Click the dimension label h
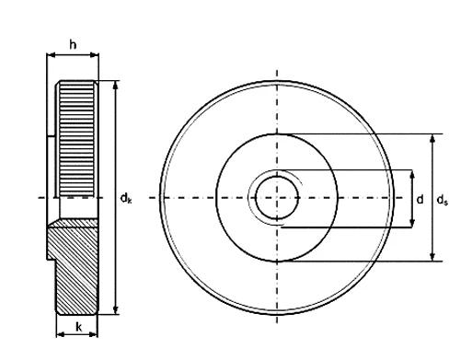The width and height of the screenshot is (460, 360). [x=73, y=45]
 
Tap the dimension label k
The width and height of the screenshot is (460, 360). [x=79, y=327]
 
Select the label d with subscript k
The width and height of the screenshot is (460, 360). [x=126, y=198]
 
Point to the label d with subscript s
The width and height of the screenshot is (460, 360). [x=443, y=200]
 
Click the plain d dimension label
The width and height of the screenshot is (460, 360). [x=420, y=200]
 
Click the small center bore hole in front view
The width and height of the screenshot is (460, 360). [x=277, y=198]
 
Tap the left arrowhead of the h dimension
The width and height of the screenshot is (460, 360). [x=52, y=55]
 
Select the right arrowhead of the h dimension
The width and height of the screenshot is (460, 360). [x=94, y=55]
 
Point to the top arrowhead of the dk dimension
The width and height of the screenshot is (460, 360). [x=115, y=85]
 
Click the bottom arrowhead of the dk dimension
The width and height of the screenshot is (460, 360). [x=115, y=309]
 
